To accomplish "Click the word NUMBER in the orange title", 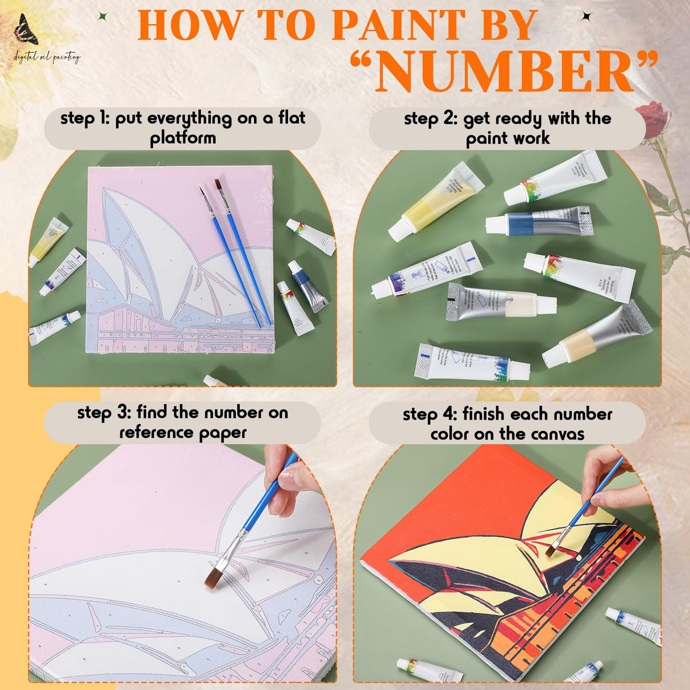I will tap(504, 73).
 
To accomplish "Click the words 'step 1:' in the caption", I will tap(85, 119).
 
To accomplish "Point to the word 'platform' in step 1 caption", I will tap(182, 138).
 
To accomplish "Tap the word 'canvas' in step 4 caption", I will tap(555, 434).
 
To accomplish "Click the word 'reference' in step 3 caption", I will tap(150, 433).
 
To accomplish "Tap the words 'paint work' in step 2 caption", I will tap(508, 139).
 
